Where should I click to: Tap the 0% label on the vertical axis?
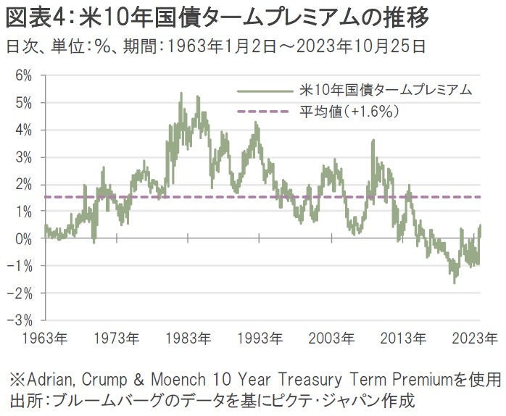pos(22,238)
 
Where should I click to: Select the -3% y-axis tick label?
pos(20,320)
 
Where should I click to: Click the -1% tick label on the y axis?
pos(20,265)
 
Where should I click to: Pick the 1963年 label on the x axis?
pos(45,338)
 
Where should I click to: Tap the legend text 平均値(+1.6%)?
pos(349,112)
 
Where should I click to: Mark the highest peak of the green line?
pos(181,93)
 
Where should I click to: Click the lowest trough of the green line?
pos(455,283)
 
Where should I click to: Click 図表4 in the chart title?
pos(33,14)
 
